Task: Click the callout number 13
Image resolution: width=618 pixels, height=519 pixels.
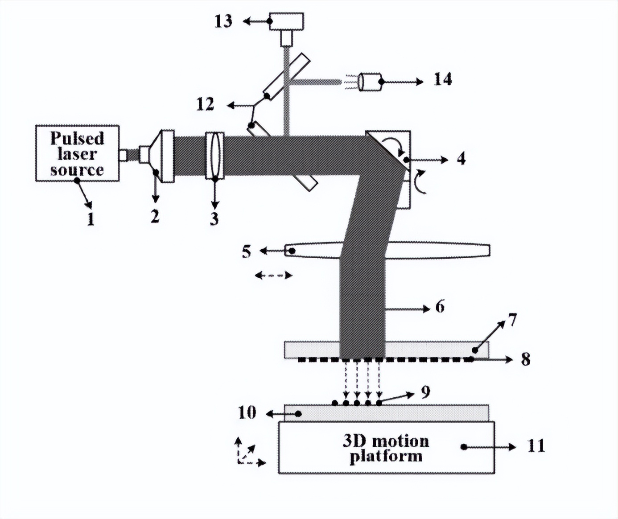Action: tap(223, 21)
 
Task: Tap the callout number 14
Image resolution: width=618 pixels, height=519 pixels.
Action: tap(443, 79)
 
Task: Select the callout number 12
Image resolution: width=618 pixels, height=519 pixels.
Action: tap(205, 104)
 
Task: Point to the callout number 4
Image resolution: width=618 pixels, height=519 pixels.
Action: tap(461, 158)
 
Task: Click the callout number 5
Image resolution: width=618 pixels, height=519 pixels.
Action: tap(246, 251)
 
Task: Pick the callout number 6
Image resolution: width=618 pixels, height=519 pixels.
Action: tap(440, 307)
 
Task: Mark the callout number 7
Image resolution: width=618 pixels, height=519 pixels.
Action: tap(512, 320)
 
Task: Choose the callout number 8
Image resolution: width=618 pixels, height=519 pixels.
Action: tap(526, 359)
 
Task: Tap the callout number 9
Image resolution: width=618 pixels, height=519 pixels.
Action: tap(425, 392)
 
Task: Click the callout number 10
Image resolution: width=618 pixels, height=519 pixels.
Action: tap(247, 412)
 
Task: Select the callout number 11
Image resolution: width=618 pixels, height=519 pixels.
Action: tap(536, 446)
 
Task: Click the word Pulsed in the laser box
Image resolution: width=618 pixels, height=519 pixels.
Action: tap(77, 138)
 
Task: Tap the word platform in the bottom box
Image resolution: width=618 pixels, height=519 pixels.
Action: tap(386, 457)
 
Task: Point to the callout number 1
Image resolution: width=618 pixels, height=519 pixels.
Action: tap(91, 219)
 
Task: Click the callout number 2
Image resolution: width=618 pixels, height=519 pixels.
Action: tap(155, 216)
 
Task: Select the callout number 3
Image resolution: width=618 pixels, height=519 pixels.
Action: tap(214, 218)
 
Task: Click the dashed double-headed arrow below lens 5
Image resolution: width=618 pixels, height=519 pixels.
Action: tap(273, 276)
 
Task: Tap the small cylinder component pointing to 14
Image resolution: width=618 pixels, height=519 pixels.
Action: tap(370, 82)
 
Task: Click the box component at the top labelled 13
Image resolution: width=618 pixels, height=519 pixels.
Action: tap(286, 22)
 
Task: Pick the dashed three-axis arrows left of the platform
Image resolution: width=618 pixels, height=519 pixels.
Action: tap(248, 452)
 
